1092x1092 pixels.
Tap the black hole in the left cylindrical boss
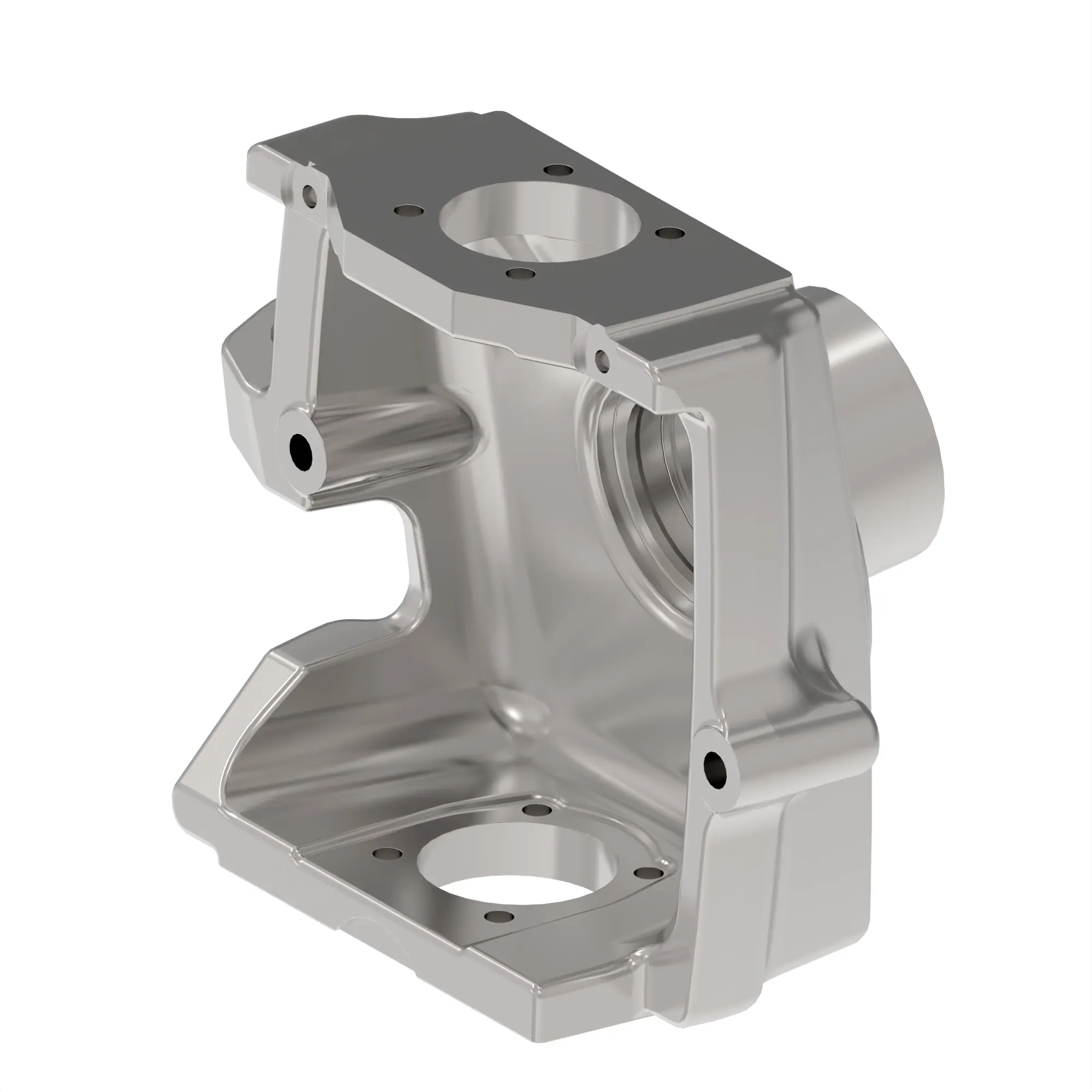[x=301, y=450]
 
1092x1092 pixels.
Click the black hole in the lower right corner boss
[x=715, y=769]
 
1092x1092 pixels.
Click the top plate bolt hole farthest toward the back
[x=559, y=170]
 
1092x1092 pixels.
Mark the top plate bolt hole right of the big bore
[x=670, y=233]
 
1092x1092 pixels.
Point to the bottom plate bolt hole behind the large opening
[x=537, y=810]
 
